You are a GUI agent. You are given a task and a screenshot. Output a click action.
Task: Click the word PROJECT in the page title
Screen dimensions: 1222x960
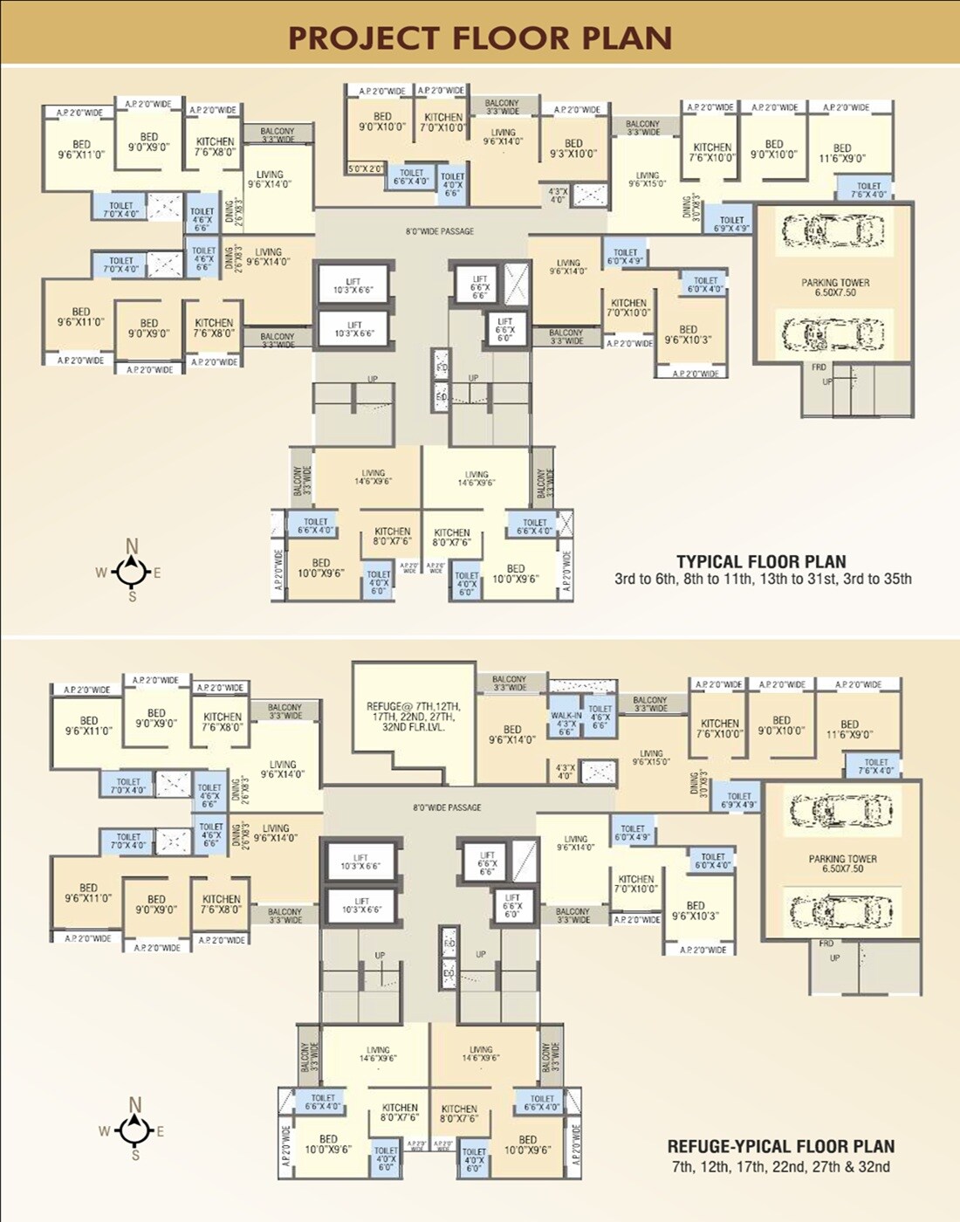363,38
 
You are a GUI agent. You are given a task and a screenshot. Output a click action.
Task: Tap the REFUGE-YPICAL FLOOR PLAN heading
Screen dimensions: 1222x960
780,1146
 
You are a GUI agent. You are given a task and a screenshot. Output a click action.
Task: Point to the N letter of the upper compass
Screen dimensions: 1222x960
132,546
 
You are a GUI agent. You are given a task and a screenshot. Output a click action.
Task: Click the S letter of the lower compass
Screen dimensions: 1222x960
135,1155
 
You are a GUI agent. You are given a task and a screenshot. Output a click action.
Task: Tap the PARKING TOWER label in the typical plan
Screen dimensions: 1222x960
835,287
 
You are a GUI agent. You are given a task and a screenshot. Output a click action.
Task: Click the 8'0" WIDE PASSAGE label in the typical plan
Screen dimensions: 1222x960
440,231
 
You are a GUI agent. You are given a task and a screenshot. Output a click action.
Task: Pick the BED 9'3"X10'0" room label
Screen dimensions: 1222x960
573,148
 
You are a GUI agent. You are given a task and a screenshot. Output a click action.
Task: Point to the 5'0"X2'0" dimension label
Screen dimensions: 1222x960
366,168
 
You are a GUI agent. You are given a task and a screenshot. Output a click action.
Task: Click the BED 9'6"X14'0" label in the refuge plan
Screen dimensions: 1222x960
512,734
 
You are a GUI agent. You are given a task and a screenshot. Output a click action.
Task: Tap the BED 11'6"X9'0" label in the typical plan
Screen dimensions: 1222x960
842,153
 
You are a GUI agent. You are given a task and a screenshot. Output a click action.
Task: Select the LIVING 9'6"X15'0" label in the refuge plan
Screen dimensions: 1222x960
651,757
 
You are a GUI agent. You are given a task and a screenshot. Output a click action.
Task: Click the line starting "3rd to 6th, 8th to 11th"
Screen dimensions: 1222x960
763,579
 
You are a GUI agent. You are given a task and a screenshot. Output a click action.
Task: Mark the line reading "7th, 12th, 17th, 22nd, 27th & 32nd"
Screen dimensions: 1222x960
780,1167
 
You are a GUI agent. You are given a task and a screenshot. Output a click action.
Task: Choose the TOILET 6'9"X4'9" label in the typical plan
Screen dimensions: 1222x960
731,224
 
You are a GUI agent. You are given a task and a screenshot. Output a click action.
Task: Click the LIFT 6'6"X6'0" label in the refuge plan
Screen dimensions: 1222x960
512,905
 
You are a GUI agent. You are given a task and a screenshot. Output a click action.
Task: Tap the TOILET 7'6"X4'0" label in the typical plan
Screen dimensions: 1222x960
868,190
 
